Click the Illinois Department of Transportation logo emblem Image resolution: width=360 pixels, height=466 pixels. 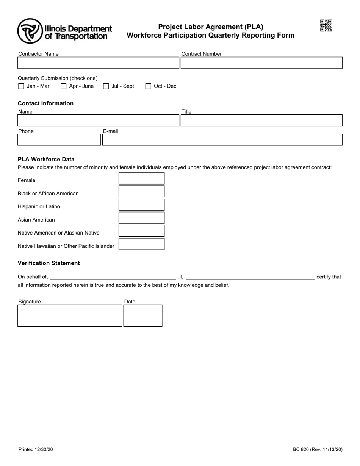30,31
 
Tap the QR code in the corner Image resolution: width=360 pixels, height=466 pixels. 326,26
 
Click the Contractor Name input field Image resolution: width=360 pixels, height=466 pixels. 98,63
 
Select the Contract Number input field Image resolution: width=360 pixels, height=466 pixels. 261,63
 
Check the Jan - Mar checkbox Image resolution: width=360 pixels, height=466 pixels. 21,86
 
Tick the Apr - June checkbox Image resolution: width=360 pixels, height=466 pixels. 64,86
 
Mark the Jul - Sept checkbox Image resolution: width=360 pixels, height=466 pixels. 106,86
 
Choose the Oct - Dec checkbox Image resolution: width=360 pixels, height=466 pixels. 149,86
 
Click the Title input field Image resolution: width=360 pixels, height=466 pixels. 261,120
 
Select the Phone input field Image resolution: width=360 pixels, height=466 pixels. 59,140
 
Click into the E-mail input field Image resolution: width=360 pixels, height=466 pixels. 222,140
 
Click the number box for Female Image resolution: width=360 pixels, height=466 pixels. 141,178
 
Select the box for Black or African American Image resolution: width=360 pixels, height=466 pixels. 141,192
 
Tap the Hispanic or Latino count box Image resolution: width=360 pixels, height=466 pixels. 141,205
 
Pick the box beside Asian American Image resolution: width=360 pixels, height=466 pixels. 141,218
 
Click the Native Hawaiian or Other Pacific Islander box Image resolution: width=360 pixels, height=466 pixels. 141,244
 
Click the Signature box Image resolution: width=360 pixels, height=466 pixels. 70,315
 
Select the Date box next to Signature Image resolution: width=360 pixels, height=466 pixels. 143,315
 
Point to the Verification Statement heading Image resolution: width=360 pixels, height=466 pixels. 49,263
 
